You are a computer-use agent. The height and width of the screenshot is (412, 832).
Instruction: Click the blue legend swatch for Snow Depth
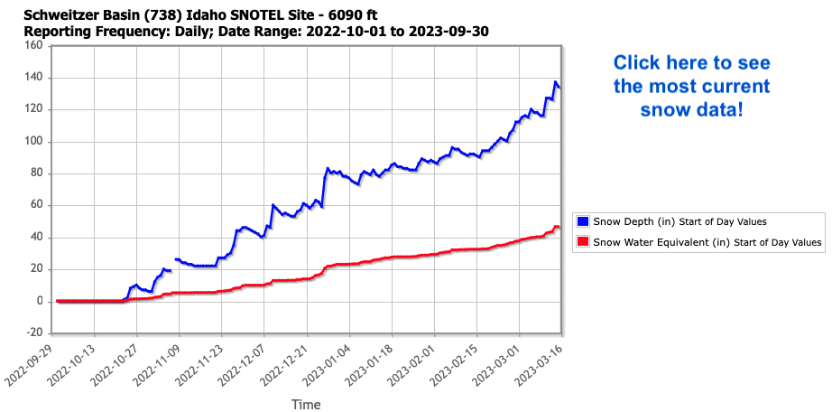tap(583, 220)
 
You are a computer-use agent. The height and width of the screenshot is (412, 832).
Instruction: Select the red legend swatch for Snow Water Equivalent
tap(583, 241)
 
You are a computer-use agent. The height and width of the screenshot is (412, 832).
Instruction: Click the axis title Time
tap(305, 405)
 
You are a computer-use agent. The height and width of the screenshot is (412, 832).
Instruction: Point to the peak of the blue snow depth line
tap(556, 82)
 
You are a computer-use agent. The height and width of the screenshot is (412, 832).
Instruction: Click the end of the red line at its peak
tap(557, 226)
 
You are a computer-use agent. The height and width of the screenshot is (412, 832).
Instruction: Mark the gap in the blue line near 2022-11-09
tap(173, 265)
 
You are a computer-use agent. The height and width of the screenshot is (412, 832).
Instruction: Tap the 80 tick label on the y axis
tap(36, 173)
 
